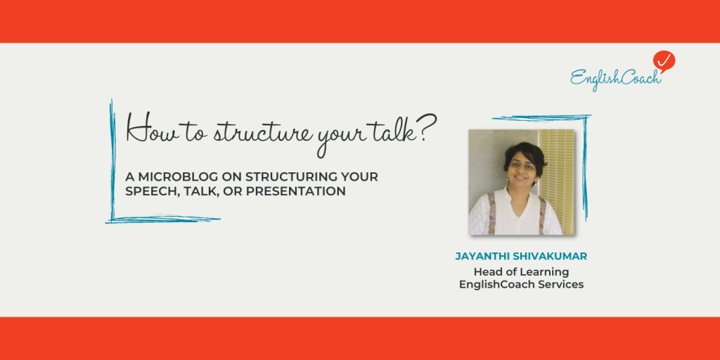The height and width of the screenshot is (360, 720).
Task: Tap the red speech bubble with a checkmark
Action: click(x=663, y=61)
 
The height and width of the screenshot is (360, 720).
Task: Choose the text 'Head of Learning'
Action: click(x=521, y=271)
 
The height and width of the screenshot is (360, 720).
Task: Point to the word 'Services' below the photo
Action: click(x=560, y=284)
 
